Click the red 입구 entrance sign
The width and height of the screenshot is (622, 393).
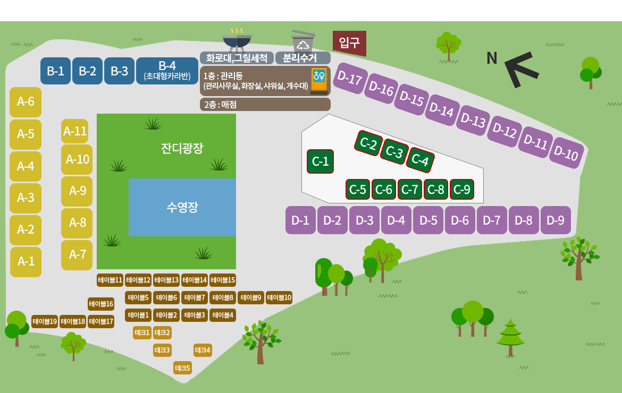349,43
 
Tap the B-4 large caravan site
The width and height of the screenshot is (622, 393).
167,71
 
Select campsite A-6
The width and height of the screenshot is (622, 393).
26,102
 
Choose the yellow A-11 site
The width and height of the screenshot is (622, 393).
74,131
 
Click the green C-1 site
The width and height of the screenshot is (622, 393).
320,161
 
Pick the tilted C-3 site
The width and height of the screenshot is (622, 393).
394,151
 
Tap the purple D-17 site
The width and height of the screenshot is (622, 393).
349,78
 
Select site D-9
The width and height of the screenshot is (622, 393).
556,220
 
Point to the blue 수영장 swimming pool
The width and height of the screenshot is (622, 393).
182,207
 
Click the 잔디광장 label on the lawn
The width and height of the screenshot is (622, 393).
182,148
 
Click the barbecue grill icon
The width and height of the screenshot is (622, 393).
237,40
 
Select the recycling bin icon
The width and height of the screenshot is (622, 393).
303,40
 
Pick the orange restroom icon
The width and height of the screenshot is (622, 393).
319,81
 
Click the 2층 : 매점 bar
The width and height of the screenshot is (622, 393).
265,104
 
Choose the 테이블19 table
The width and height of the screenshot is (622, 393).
45,321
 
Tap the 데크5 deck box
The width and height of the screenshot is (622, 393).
182,368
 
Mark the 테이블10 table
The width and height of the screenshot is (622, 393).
279,297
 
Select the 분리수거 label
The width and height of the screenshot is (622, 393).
300,58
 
